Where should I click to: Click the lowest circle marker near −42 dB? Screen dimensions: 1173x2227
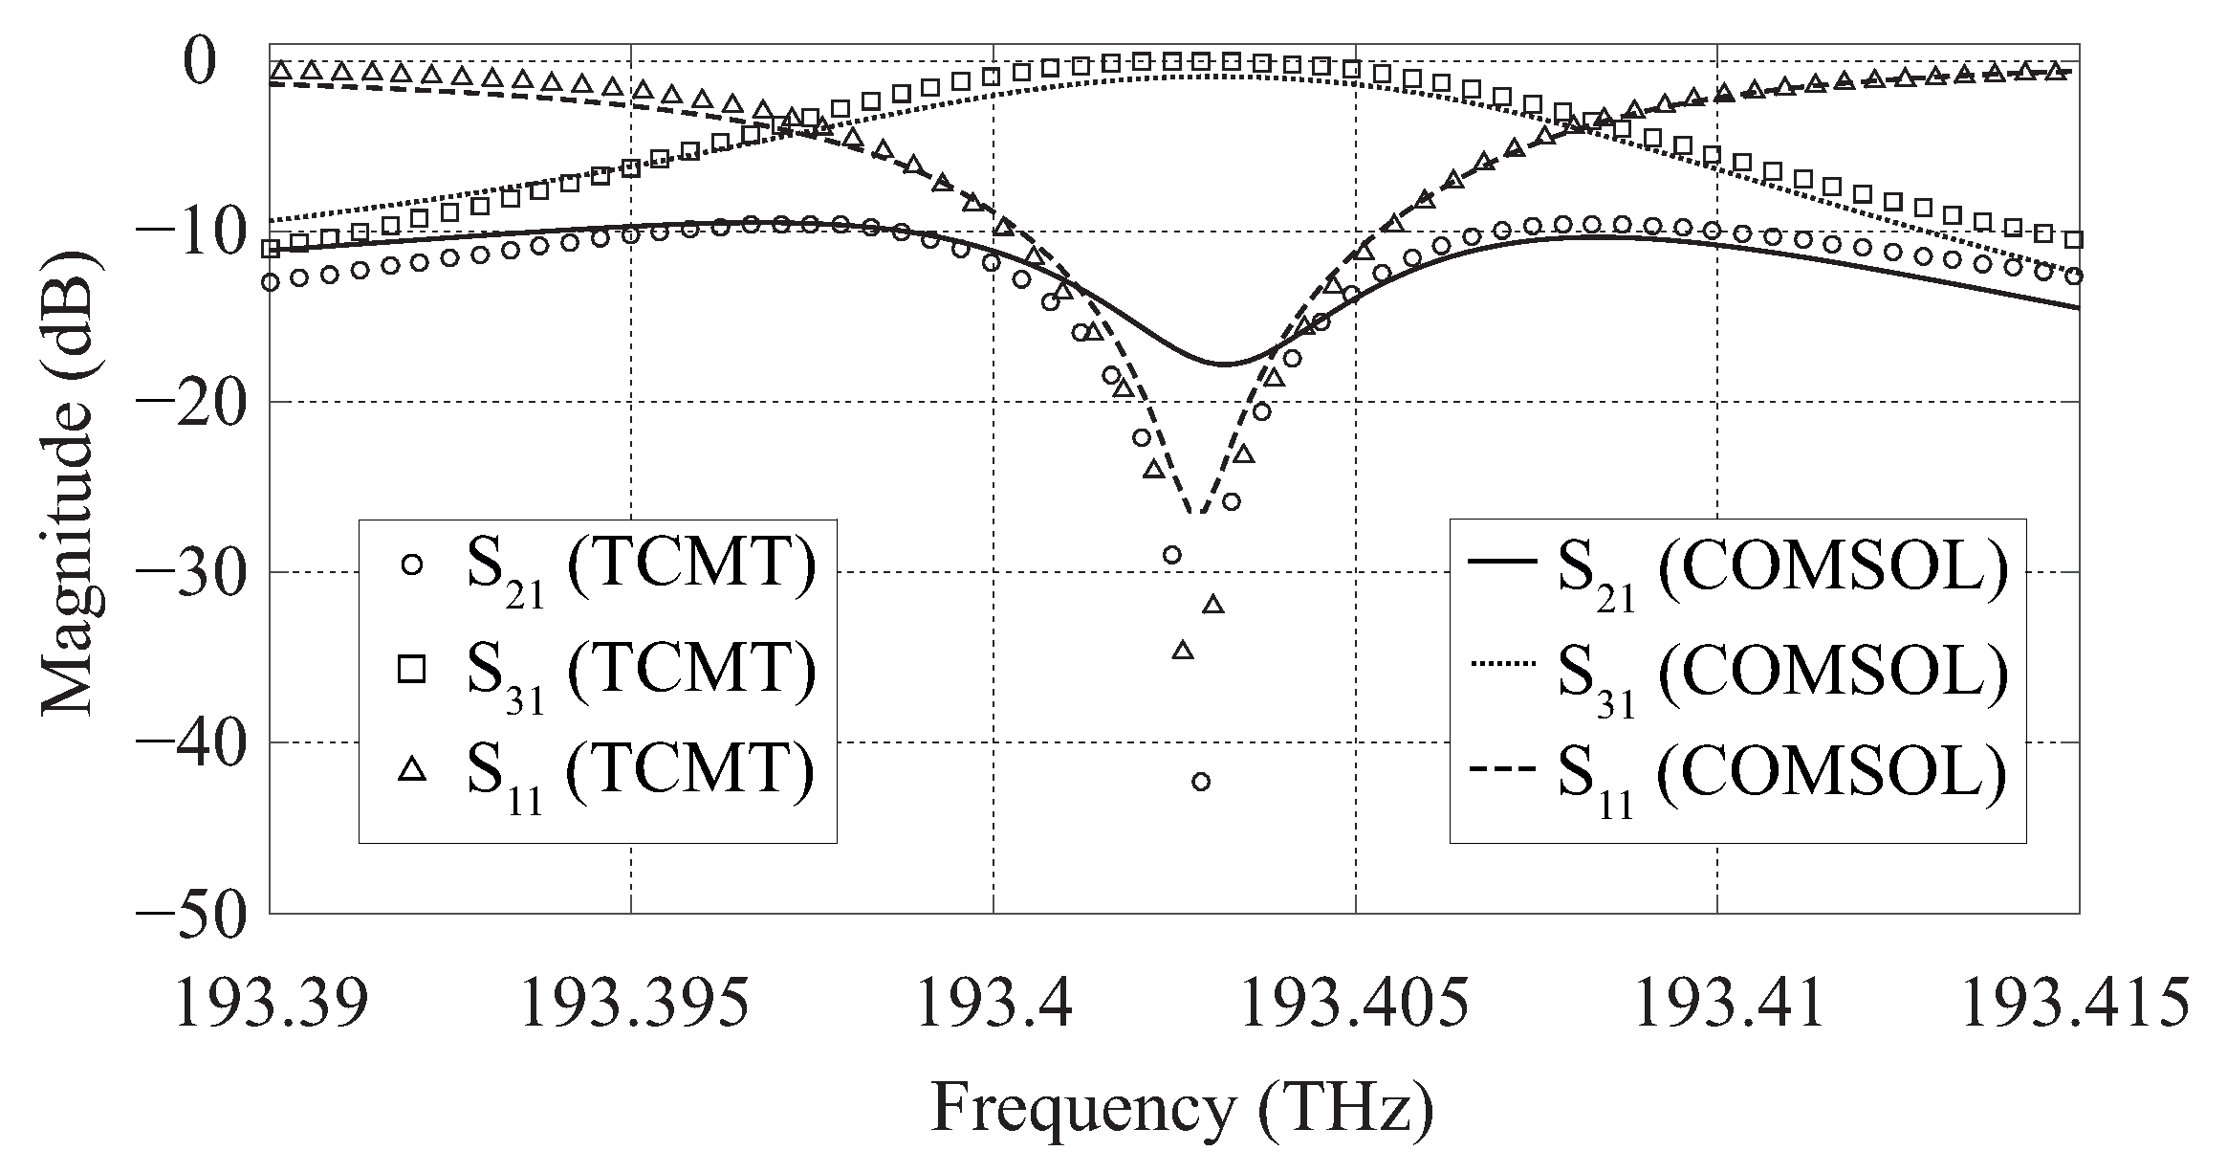[x=1201, y=782]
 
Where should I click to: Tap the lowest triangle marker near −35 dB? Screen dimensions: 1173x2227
[x=1183, y=651]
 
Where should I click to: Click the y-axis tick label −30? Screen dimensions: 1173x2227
[x=191, y=573]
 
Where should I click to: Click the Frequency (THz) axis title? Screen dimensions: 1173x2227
[x=1182, y=1110]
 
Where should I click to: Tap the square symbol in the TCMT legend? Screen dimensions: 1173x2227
[x=412, y=669]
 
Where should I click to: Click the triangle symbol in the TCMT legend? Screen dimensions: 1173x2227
[x=412, y=769]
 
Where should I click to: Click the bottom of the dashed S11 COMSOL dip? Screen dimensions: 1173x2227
[x=1197, y=513]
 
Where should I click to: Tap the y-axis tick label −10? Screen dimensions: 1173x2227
[x=191, y=232]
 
